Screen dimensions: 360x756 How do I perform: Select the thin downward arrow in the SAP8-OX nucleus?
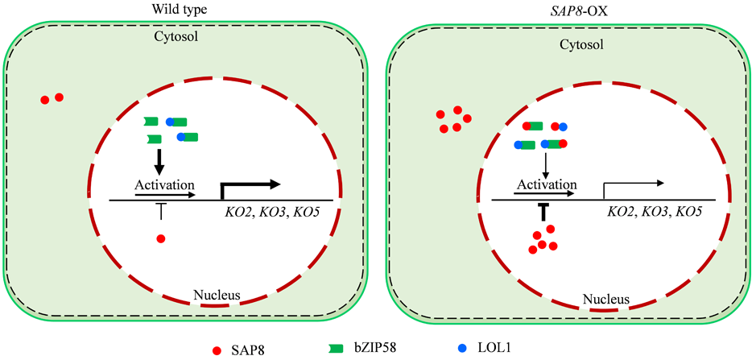[546, 163]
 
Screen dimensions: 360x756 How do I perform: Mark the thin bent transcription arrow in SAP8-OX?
[632, 188]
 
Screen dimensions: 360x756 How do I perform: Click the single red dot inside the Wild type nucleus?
[161, 238]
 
